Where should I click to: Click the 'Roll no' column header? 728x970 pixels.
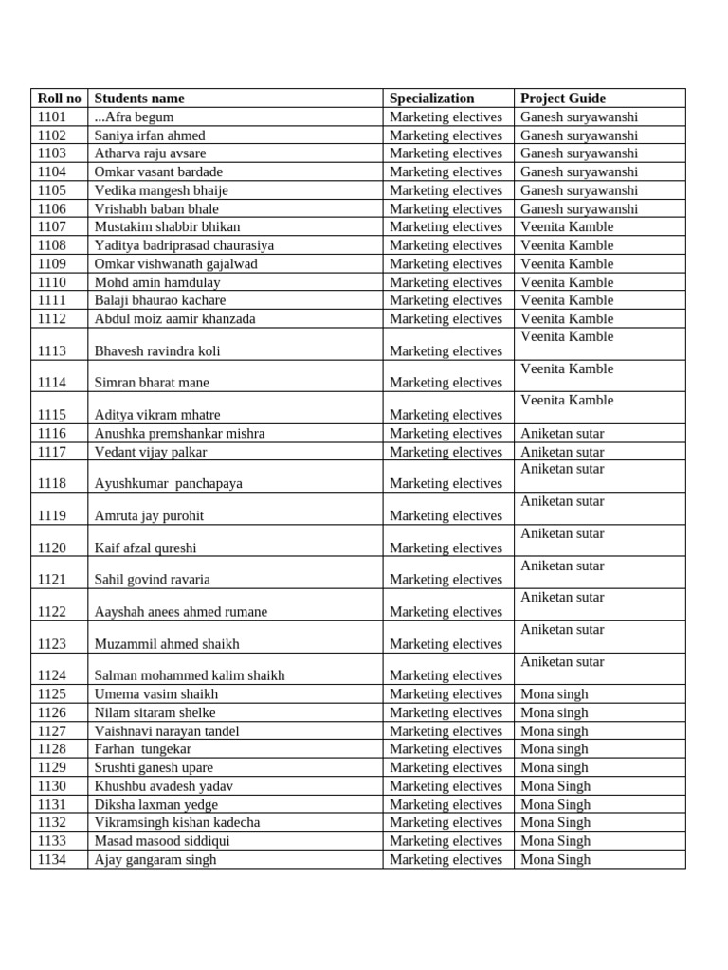pos(59,99)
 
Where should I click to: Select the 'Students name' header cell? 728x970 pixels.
pos(139,99)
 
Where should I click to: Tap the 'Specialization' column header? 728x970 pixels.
pos(431,99)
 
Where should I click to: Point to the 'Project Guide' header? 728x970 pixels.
pos(563,99)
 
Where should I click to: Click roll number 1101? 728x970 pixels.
pos(52,117)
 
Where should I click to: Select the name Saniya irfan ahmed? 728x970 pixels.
pos(150,135)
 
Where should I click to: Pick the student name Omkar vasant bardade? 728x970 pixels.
pos(158,172)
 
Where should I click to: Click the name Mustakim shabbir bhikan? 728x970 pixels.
pos(167,227)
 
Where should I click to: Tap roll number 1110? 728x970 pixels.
pos(52,282)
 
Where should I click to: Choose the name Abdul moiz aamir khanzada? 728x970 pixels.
pos(174,319)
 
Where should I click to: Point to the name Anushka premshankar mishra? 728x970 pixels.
pos(179,434)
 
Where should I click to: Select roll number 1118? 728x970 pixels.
pos(52,484)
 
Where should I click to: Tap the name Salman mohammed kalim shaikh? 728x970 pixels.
pos(190,676)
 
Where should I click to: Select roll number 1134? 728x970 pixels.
pos(52,860)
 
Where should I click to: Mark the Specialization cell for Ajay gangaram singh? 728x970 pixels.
pos(446,860)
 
